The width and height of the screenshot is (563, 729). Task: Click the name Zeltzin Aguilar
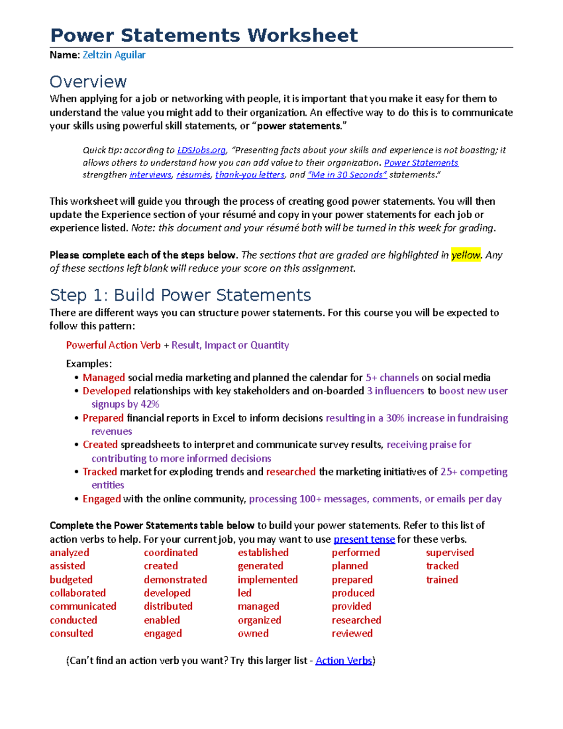tap(114, 55)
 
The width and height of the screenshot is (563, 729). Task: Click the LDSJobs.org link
tap(201, 150)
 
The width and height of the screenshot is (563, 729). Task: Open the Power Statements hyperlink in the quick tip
tap(421, 163)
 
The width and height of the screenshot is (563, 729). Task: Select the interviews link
tap(151, 175)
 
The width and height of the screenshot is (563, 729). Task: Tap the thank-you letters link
tap(250, 175)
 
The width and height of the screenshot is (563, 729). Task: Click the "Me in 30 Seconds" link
tap(347, 175)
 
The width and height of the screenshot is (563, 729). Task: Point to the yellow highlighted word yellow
tap(465, 255)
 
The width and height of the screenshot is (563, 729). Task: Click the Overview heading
tap(88, 82)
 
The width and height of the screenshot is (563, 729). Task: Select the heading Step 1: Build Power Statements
tap(180, 295)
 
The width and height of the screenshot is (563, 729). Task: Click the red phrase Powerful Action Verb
tap(113, 345)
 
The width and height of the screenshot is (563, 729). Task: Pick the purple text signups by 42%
tap(125, 404)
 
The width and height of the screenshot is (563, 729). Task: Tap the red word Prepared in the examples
tap(103, 418)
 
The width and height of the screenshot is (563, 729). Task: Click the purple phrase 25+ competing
tap(474, 472)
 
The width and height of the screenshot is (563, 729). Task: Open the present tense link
tap(364, 539)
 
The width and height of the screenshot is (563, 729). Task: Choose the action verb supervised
tap(449, 553)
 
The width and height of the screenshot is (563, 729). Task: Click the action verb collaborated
tap(78, 593)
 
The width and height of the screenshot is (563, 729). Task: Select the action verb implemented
tap(267, 580)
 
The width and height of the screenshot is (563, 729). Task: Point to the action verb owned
tap(253, 633)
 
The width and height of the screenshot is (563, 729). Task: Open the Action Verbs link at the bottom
tap(344, 660)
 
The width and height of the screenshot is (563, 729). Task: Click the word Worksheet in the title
tap(303, 36)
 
